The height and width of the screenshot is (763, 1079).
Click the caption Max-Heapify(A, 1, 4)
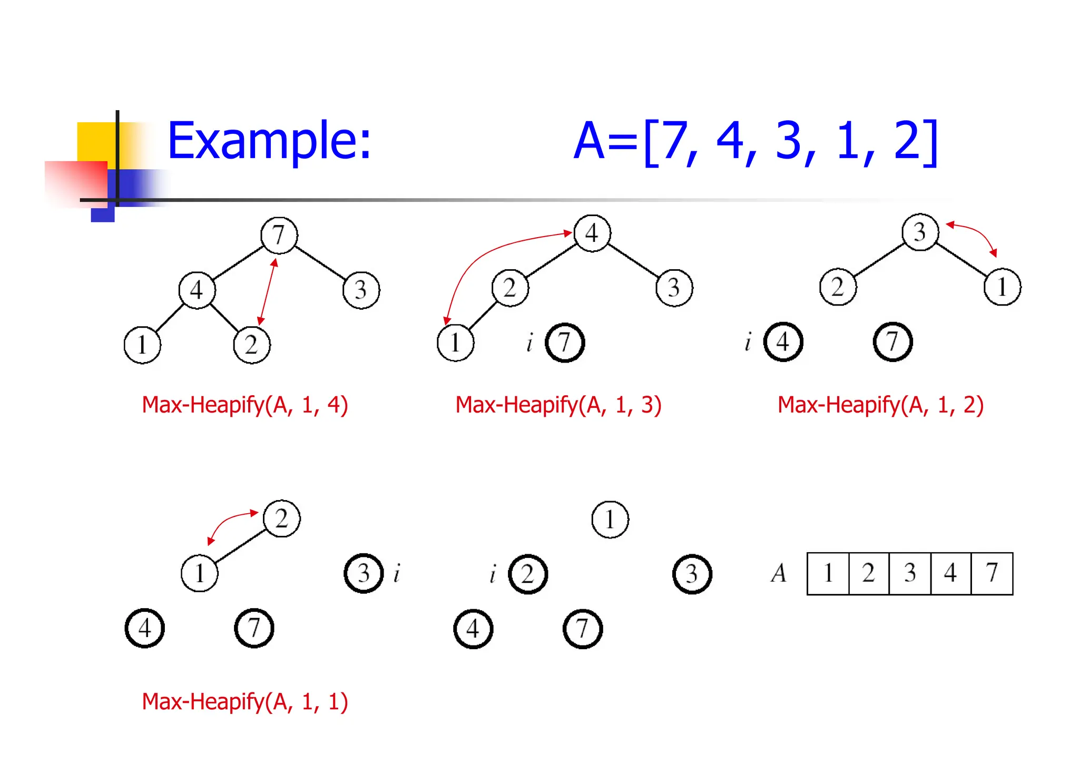(245, 405)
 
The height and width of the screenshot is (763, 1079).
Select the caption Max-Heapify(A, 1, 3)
(558, 405)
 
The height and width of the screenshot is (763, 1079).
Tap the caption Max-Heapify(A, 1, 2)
(880, 405)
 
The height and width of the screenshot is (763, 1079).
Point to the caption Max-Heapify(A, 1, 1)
(245, 702)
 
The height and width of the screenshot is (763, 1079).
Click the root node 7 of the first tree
(279, 235)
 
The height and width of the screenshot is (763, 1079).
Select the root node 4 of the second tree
(592, 233)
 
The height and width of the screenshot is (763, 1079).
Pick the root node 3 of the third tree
(920, 232)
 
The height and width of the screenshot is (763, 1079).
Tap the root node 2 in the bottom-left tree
(281, 519)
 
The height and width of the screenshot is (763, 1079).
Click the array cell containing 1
(828, 573)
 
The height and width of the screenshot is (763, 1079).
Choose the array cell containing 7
(992, 573)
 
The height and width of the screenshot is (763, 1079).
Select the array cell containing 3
(910, 573)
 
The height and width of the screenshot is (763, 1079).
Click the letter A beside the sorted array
(779, 573)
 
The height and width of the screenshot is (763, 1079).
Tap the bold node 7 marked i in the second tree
(564, 343)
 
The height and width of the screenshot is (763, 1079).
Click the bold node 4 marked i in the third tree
(783, 342)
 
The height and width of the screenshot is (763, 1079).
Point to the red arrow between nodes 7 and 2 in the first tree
(267, 291)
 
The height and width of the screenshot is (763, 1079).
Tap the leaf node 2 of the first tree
(251, 345)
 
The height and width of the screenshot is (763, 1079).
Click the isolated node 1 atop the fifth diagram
(610, 520)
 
